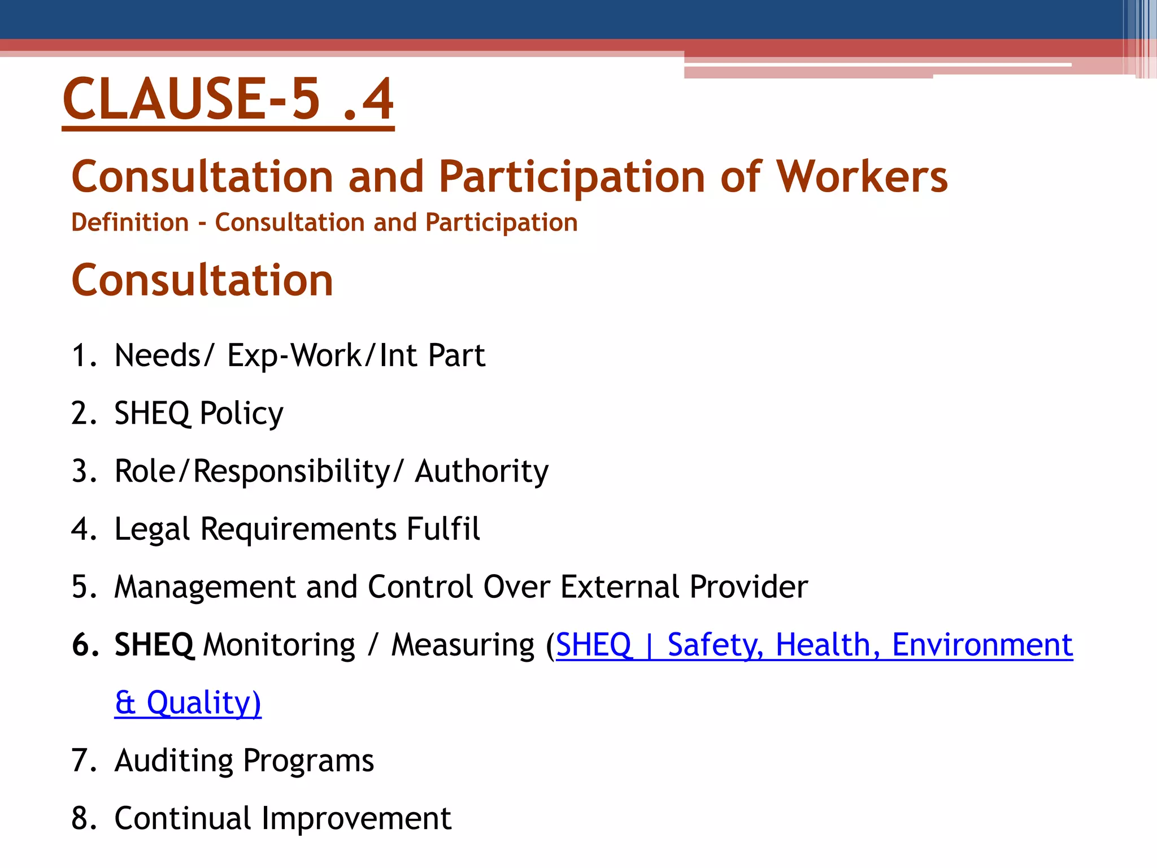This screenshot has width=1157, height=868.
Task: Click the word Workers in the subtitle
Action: (862, 177)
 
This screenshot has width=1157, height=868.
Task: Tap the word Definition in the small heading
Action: (130, 223)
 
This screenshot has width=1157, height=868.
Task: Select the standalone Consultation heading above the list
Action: (202, 280)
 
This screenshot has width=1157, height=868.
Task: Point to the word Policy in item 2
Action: (241, 414)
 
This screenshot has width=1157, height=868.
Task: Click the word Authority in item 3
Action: (481, 471)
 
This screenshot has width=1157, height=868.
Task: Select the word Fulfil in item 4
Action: (443, 529)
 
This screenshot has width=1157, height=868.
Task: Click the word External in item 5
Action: (620, 587)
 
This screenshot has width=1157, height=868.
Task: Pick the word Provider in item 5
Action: (749, 587)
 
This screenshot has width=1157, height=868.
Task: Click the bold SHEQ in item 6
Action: (154, 645)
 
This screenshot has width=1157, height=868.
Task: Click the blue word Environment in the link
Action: (982, 645)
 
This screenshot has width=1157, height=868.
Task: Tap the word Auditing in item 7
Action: (173, 761)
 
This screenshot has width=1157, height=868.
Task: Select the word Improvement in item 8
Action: (356, 818)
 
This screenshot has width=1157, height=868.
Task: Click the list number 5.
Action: (84, 587)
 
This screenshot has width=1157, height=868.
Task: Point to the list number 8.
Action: (84, 818)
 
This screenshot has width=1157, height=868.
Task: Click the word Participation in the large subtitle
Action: (572, 177)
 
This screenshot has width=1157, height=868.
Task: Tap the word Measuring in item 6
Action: (463, 645)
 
